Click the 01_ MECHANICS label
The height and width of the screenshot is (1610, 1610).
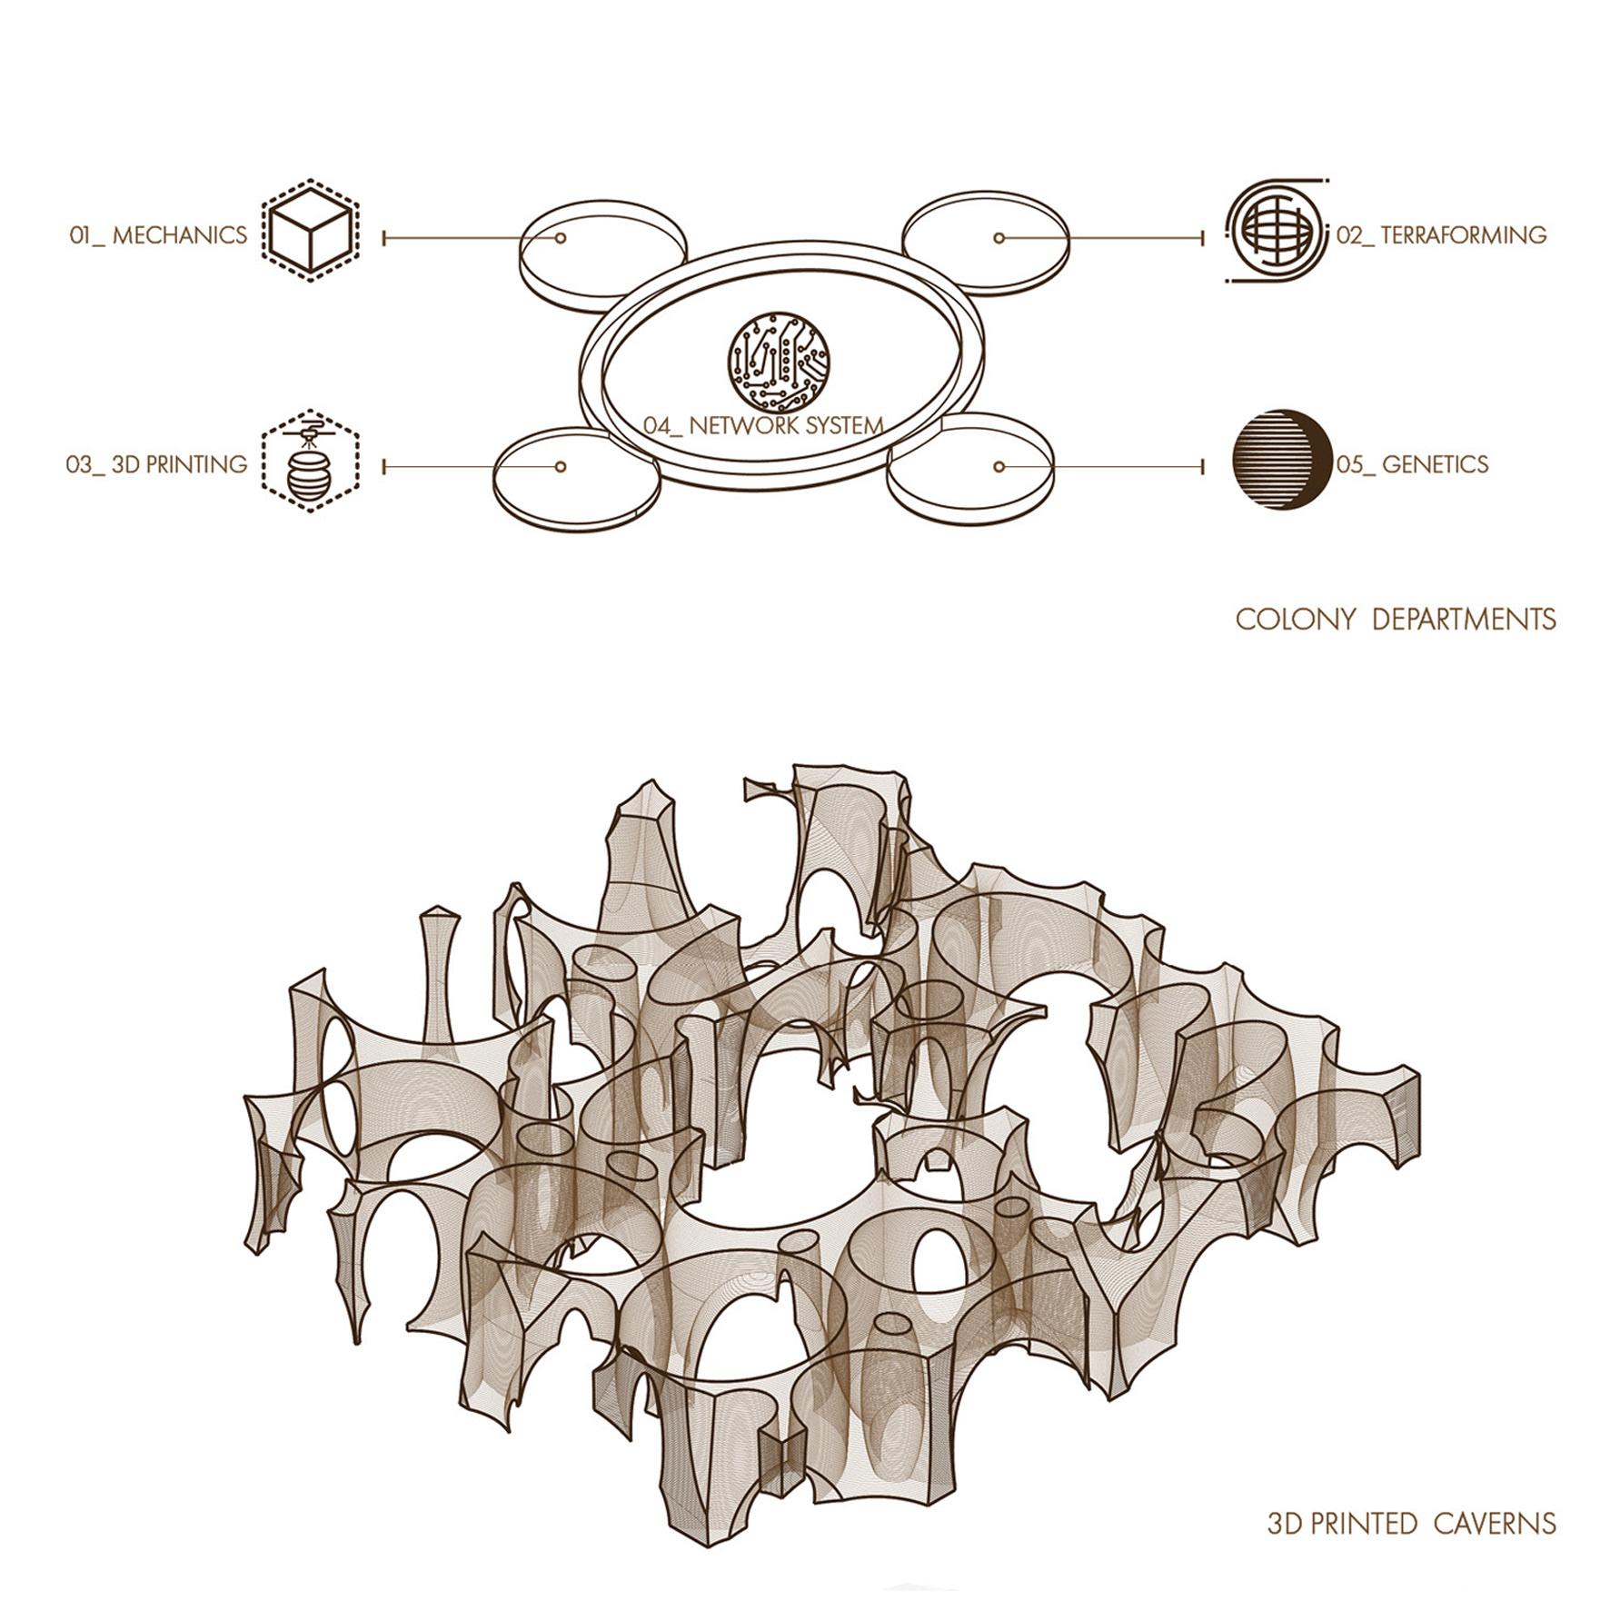(x=158, y=235)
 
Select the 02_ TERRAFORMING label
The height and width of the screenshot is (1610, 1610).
(x=1441, y=235)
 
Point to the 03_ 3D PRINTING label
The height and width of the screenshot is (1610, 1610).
(x=156, y=464)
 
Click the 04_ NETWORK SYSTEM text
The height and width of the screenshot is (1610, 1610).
(x=763, y=425)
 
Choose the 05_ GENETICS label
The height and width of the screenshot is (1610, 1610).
(x=1412, y=464)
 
